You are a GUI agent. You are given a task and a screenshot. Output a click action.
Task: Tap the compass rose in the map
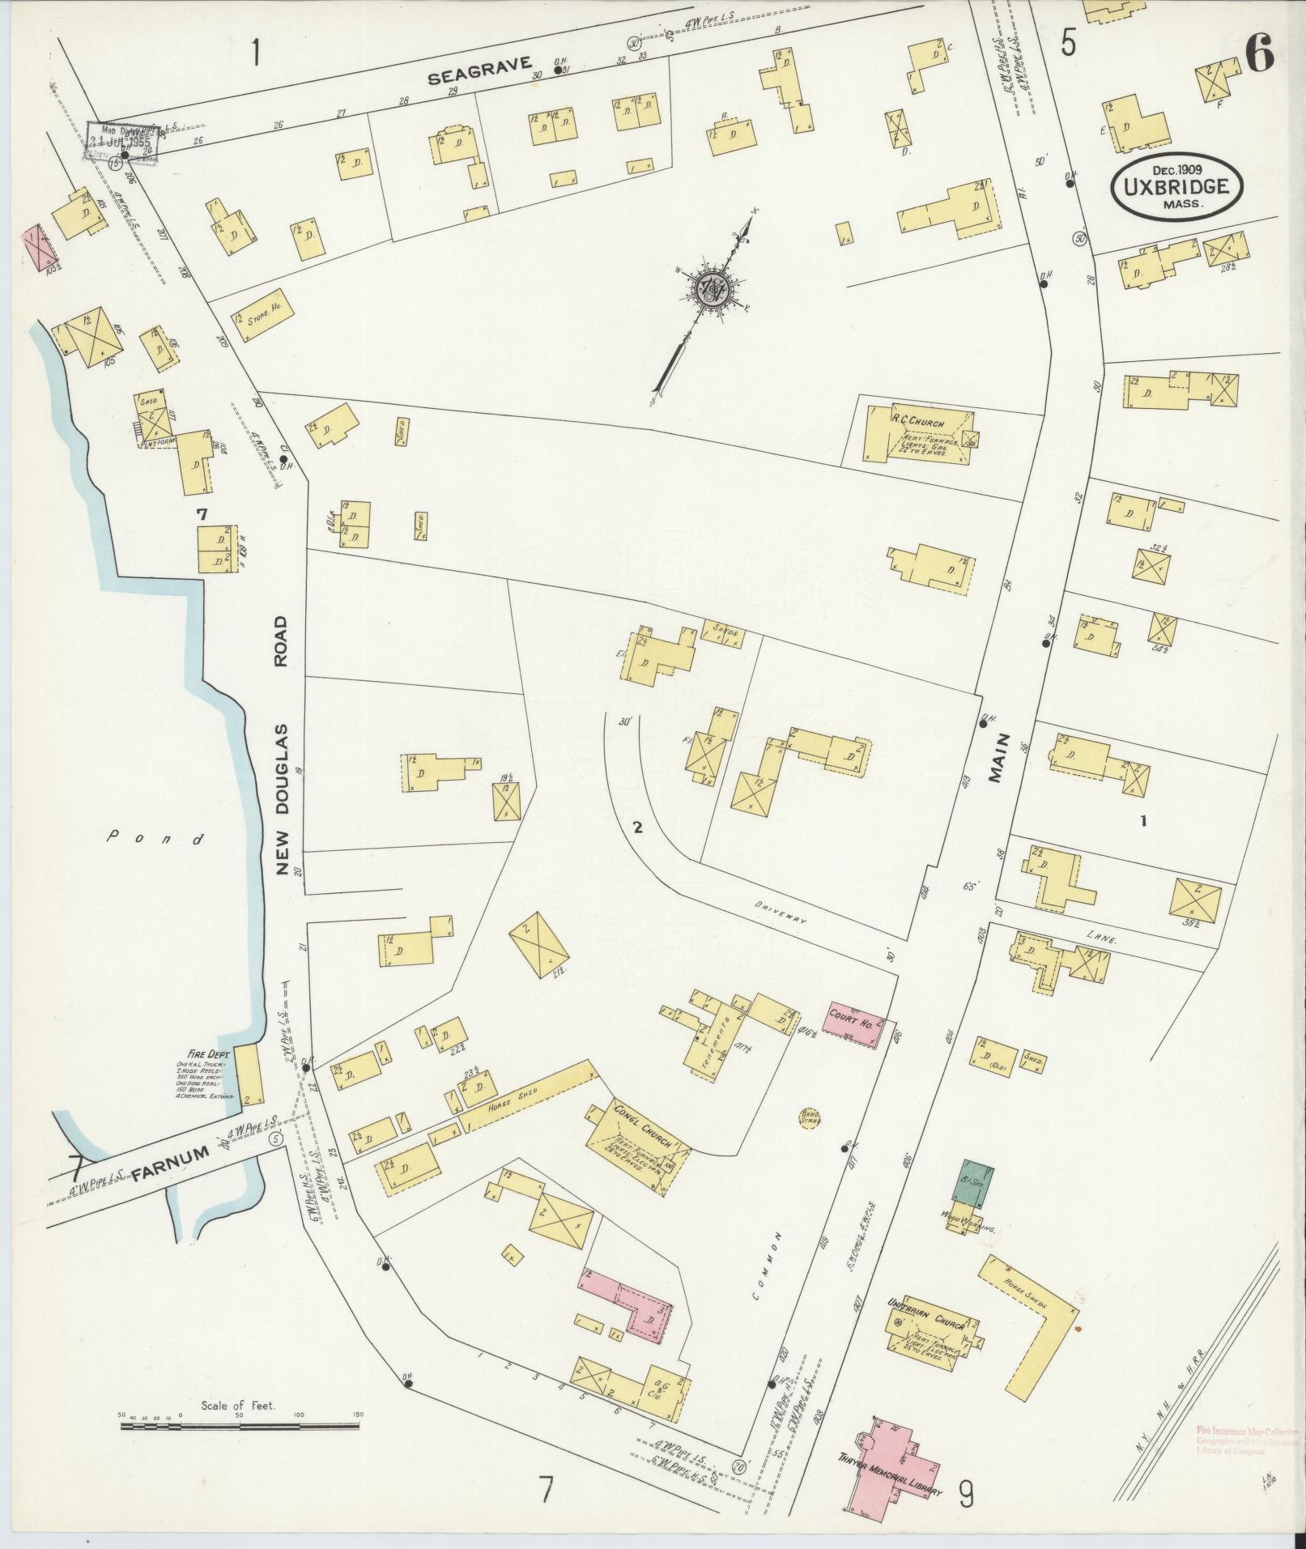(712, 287)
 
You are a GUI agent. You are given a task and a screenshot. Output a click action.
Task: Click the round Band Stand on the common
(810, 1118)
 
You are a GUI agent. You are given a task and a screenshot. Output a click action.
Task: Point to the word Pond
(156, 839)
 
